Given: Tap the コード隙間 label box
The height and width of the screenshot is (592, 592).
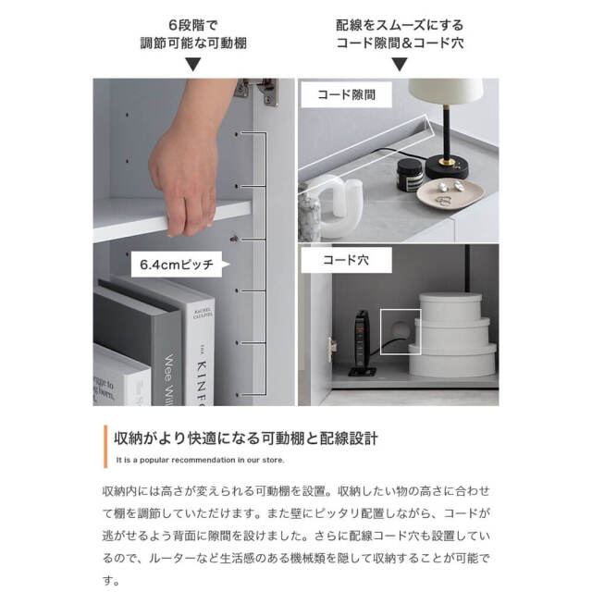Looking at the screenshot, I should click(341, 94).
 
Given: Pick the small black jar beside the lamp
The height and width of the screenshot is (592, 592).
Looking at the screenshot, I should click(409, 173).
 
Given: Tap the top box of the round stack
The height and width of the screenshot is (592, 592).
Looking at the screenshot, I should click(450, 306).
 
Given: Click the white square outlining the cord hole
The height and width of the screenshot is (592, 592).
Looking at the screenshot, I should click(399, 326).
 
